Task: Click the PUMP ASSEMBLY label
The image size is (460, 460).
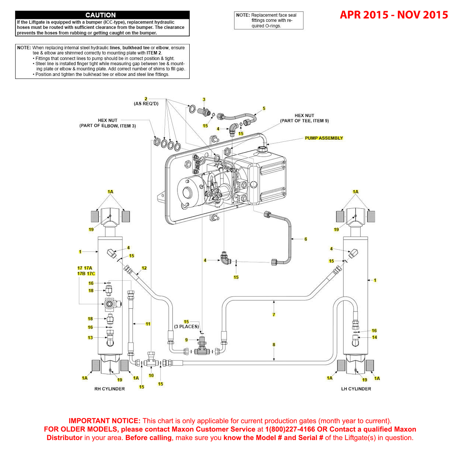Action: coord(324,138)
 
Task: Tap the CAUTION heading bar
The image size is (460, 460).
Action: coord(102,15)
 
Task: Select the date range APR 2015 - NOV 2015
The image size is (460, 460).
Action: coord(394,15)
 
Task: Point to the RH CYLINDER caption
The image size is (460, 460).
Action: coord(110,389)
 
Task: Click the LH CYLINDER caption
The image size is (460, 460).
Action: coord(356,389)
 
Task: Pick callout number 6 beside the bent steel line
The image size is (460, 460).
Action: coord(306,239)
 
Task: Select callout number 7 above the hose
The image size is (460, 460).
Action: coord(274,314)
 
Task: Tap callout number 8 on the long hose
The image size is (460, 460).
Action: coord(274,345)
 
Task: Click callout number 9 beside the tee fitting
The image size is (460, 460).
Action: coord(187,340)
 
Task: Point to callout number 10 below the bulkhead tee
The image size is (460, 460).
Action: coord(151,376)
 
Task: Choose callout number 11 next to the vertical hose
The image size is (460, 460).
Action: coord(148,324)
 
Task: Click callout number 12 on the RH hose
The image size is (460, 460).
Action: coord(144,268)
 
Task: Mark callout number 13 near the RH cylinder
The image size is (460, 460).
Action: coord(90,338)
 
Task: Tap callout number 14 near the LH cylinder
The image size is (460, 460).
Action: coord(374,337)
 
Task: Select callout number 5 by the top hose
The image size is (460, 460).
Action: coord(264,109)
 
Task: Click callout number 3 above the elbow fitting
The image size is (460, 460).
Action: coord(204,100)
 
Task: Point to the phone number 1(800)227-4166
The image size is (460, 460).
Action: coord(290,430)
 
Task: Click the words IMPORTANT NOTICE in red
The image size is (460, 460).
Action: coord(104,421)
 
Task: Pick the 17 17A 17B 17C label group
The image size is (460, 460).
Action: coord(86,271)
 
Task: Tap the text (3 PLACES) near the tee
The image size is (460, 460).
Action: coord(187,327)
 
